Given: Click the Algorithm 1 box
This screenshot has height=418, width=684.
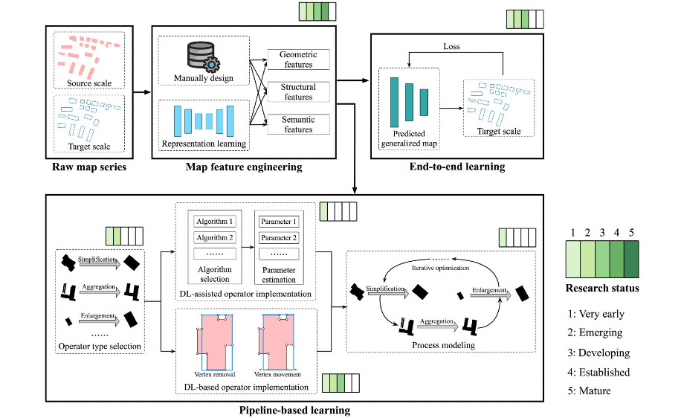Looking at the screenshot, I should pyautogui.click(x=214, y=222).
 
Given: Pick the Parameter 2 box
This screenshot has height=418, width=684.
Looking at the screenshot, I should pyautogui.click(x=280, y=238).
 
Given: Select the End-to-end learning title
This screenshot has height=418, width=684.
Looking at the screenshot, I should pyautogui.click(x=457, y=167).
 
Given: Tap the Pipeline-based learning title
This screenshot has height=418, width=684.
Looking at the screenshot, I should pyautogui.click(x=294, y=409).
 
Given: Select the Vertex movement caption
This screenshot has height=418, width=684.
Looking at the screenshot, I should pyautogui.click(x=277, y=375).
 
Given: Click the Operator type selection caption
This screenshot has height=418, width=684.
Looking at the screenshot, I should pyautogui.click(x=100, y=346).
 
